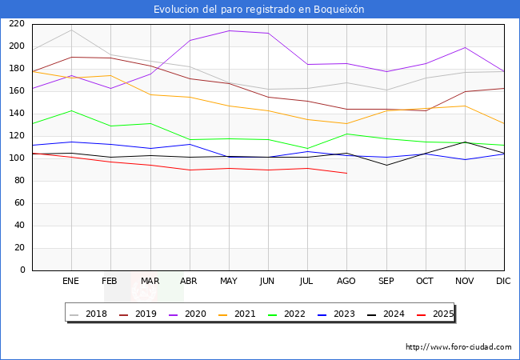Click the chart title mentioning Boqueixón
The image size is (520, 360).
(259, 10)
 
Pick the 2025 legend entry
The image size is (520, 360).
(442, 314)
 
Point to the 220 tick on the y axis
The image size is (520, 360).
(17, 24)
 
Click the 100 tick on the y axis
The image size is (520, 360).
(17, 158)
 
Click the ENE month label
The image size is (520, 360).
(71, 282)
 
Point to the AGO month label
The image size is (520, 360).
(346, 282)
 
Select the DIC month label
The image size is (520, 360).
(503, 282)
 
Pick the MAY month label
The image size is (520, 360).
(229, 282)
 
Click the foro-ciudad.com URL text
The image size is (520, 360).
(458, 347)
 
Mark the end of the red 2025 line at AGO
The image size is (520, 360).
(346, 173)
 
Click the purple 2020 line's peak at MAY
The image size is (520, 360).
(229, 30)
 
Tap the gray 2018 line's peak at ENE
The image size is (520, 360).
(71, 30)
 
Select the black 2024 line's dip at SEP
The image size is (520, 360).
(386, 166)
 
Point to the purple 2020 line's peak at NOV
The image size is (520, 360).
(464, 47)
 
